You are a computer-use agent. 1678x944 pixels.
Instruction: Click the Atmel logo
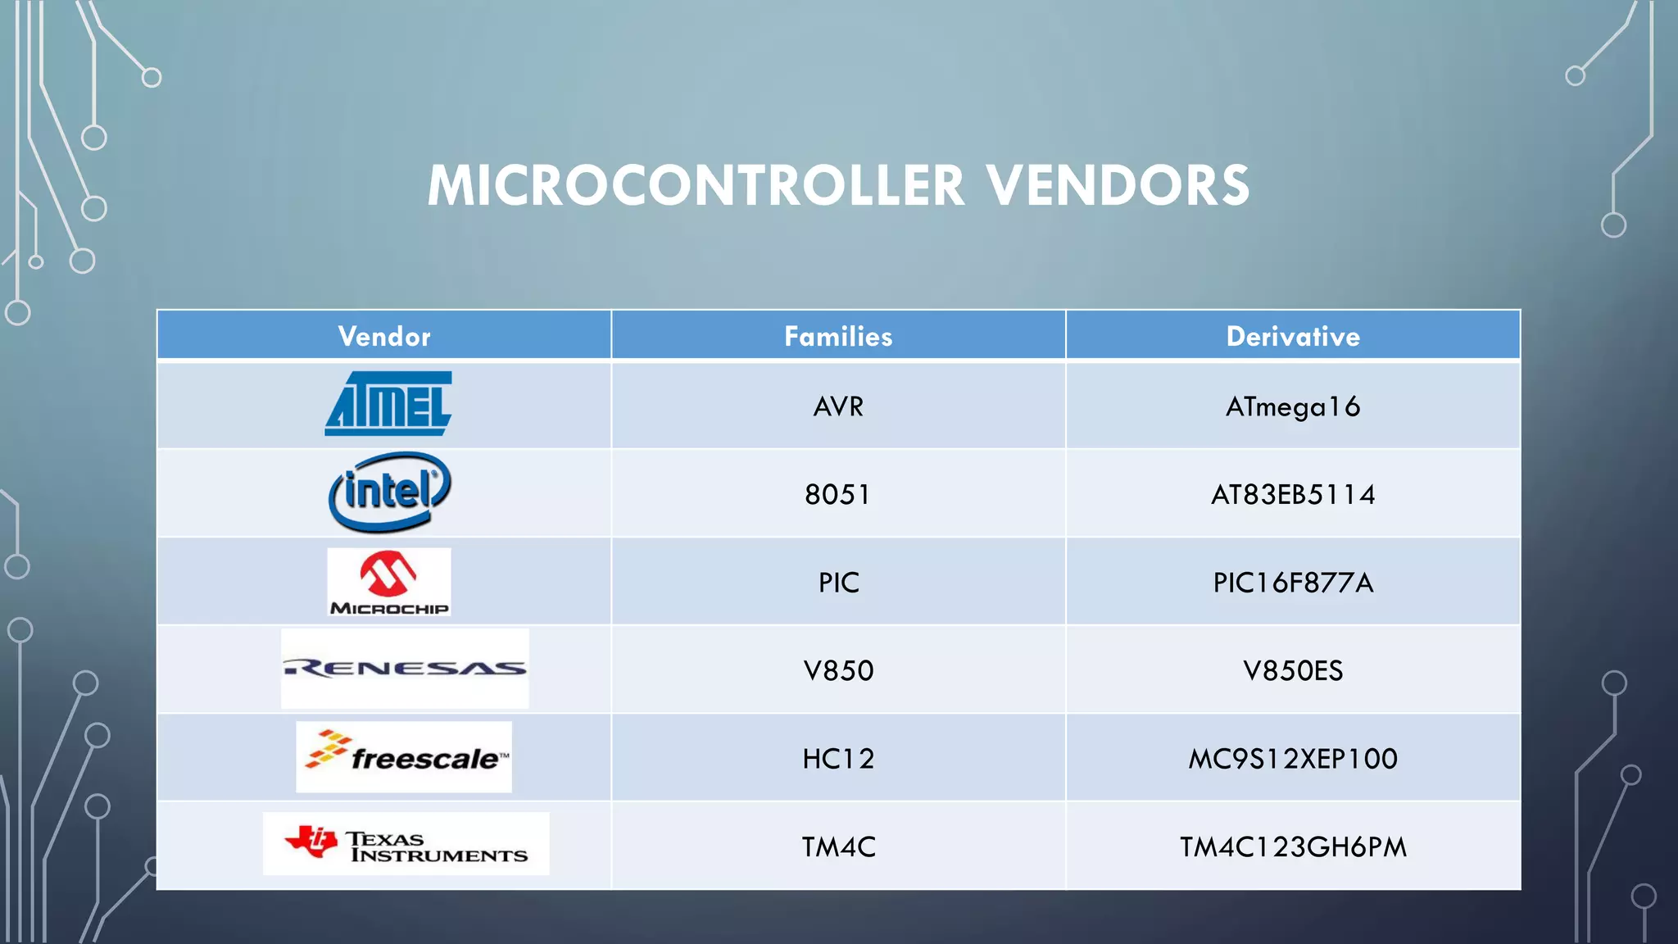[x=388, y=404]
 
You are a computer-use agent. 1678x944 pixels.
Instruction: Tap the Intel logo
[x=389, y=492]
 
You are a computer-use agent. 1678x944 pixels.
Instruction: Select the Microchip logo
[x=389, y=582]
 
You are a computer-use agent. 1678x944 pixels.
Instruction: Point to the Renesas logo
[x=405, y=669]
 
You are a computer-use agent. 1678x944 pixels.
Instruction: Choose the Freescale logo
[x=404, y=757]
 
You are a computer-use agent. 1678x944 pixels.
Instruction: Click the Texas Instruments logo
[x=406, y=844]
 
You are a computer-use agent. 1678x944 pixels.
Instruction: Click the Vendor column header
[x=384, y=336]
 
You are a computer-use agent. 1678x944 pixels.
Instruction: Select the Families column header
[x=838, y=336]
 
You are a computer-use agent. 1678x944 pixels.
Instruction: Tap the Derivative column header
[x=1293, y=336]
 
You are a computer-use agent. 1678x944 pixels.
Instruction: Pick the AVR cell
[x=838, y=406]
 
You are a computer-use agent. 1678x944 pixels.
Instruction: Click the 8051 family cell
[x=837, y=494]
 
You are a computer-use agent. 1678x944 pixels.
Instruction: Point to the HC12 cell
[x=838, y=759]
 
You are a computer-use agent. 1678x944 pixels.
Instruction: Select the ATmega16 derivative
[x=1293, y=406]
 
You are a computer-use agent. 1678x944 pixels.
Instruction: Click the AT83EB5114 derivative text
[x=1293, y=494]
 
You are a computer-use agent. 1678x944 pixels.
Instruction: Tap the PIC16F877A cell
[x=1293, y=583]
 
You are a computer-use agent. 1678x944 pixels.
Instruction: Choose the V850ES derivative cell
[x=1293, y=670]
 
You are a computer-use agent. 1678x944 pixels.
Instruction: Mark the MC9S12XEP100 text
[x=1293, y=759]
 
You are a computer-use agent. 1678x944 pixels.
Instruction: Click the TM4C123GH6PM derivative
[x=1293, y=846]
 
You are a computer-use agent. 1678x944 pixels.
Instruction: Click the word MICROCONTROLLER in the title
[x=696, y=185]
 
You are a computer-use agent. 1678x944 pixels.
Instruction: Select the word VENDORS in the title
[x=1118, y=185]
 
